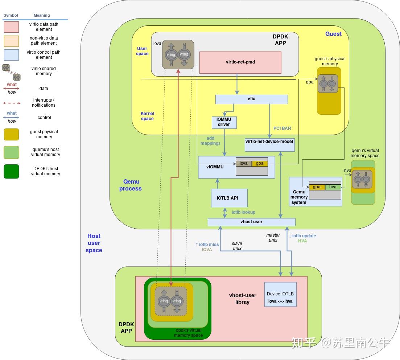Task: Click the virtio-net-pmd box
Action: pyautogui.click(x=240, y=62)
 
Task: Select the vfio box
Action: pyautogui.click(x=251, y=99)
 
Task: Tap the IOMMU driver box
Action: pyautogui.click(x=224, y=122)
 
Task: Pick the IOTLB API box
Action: pyautogui.click(x=229, y=198)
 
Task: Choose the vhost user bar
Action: pyautogui.click(x=251, y=222)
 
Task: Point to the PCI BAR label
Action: pyautogui.click(x=282, y=128)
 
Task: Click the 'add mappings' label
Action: pyautogui.click(x=210, y=141)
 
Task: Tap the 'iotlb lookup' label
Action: pyautogui.click(x=243, y=212)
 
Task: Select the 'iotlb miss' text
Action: pyautogui.click(x=207, y=245)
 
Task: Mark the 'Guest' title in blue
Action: pyautogui.click(x=333, y=34)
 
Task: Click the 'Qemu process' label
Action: pyautogui.click(x=131, y=185)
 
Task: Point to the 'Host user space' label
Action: pyautogui.click(x=94, y=243)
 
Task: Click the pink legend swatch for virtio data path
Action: pyautogui.click(x=11, y=27)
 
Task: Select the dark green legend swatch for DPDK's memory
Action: pyautogui.click(x=11, y=171)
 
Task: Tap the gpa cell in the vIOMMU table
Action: pyautogui.click(x=260, y=164)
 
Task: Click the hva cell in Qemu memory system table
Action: pyautogui.click(x=333, y=187)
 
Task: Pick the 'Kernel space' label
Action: pyautogui.click(x=147, y=116)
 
